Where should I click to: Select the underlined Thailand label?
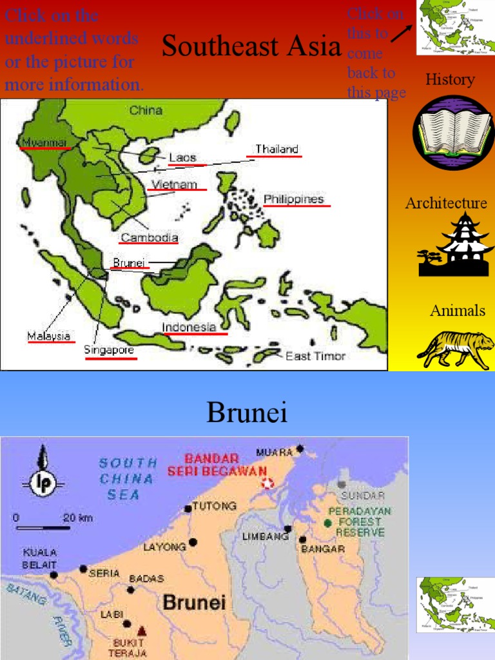(x=277, y=150)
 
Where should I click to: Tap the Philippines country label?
(x=293, y=199)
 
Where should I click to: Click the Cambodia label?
(x=150, y=237)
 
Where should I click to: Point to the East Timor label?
(x=315, y=356)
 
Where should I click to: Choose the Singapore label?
(x=109, y=350)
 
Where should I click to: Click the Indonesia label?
(x=189, y=327)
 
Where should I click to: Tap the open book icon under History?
(x=453, y=132)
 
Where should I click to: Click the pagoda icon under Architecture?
(x=456, y=245)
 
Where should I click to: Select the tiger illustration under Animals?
(x=456, y=348)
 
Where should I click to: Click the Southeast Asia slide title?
(x=251, y=46)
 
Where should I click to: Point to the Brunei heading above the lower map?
(x=247, y=413)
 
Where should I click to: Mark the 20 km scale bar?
(x=43, y=527)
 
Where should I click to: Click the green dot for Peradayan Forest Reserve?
(x=329, y=523)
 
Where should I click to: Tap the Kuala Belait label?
(x=39, y=558)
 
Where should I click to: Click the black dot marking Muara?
(x=300, y=449)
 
